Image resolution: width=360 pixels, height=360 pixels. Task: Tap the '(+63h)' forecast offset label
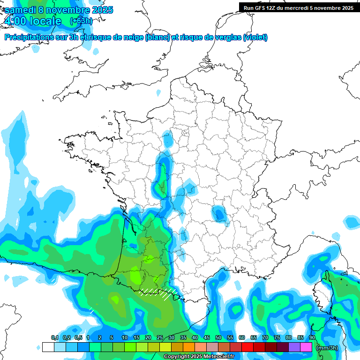(x=81, y=21)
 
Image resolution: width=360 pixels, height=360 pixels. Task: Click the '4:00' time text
(x=15, y=21)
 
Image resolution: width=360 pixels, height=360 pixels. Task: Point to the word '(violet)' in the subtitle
(x=255, y=37)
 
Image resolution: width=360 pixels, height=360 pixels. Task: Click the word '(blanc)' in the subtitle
(x=157, y=37)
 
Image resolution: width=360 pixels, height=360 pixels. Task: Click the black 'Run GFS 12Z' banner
(x=297, y=7)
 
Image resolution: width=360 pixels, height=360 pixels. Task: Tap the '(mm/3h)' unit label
(x=327, y=348)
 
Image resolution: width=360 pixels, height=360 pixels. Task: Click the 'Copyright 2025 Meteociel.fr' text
(x=199, y=357)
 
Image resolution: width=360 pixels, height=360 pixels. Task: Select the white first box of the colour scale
(x=48, y=347)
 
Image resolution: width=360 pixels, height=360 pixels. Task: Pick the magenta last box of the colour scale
(x=306, y=347)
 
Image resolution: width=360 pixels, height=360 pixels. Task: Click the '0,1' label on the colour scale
(x=55, y=338)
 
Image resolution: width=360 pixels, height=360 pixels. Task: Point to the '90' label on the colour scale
(x=312, y=338)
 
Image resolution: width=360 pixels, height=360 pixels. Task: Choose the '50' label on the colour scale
(x=218, y=338)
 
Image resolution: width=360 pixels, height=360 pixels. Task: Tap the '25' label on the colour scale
(x=160, y=338)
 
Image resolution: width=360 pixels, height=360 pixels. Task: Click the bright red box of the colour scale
(x=247, y=347)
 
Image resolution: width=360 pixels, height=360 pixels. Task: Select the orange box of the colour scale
(x=189, y=347)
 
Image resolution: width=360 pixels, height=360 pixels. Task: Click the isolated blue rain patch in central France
(x=218, y=214)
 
